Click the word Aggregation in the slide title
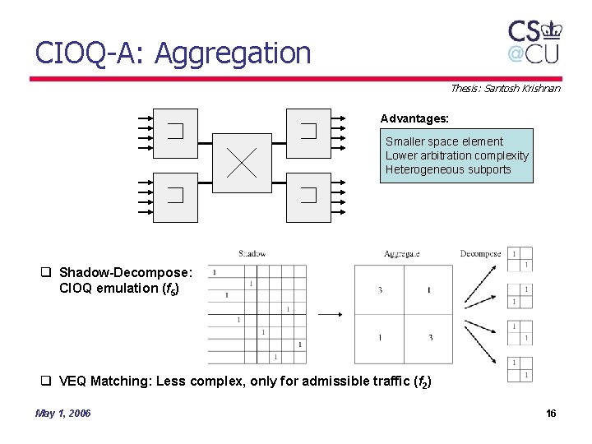pyautogui.click(x=233, y=53)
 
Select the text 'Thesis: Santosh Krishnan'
pyautogui.click(x=505, y=88)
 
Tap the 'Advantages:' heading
pyautogui.click(x=414, y=118)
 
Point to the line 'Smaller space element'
pyautogui.click(x=444, y=141)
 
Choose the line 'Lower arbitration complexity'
pyautogui.click(x=457, y=155)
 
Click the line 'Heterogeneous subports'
pyautogui.click(x=448, y=169)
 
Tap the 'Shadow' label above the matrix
pyautogui.click(x=252, y=254)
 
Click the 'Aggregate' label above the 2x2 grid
pyautogui.click(x=401, y=254)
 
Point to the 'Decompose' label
pyautogui.click(x=480, y=254)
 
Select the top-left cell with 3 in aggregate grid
pyautogui.click(x=380, y=290)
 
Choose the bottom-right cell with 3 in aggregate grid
pyautogui.click(x=430, y=338)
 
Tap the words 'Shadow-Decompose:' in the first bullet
pyautogui.click(x=126, y=272)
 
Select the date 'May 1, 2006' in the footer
pyautogui.click(x=63, y=413)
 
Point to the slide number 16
pyautogui.click(x=551, y=413)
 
